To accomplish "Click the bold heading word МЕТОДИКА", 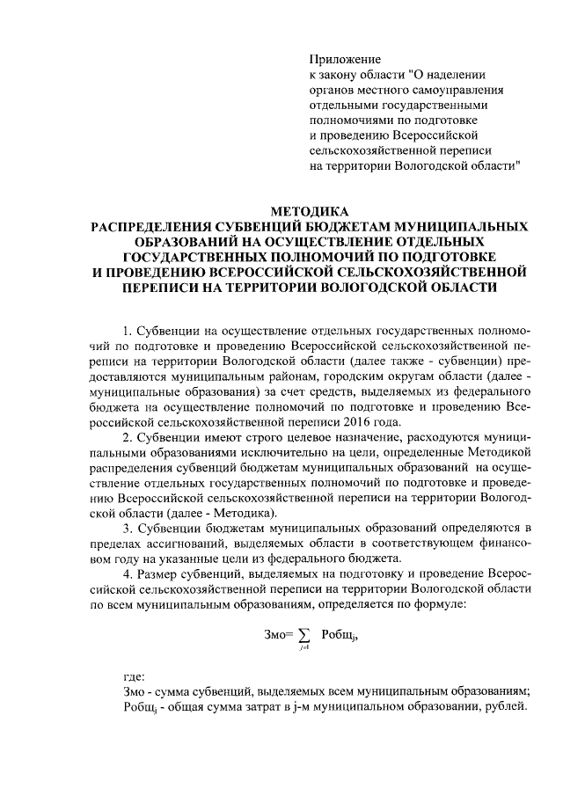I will pyautogui.click(x=310, y=212).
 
